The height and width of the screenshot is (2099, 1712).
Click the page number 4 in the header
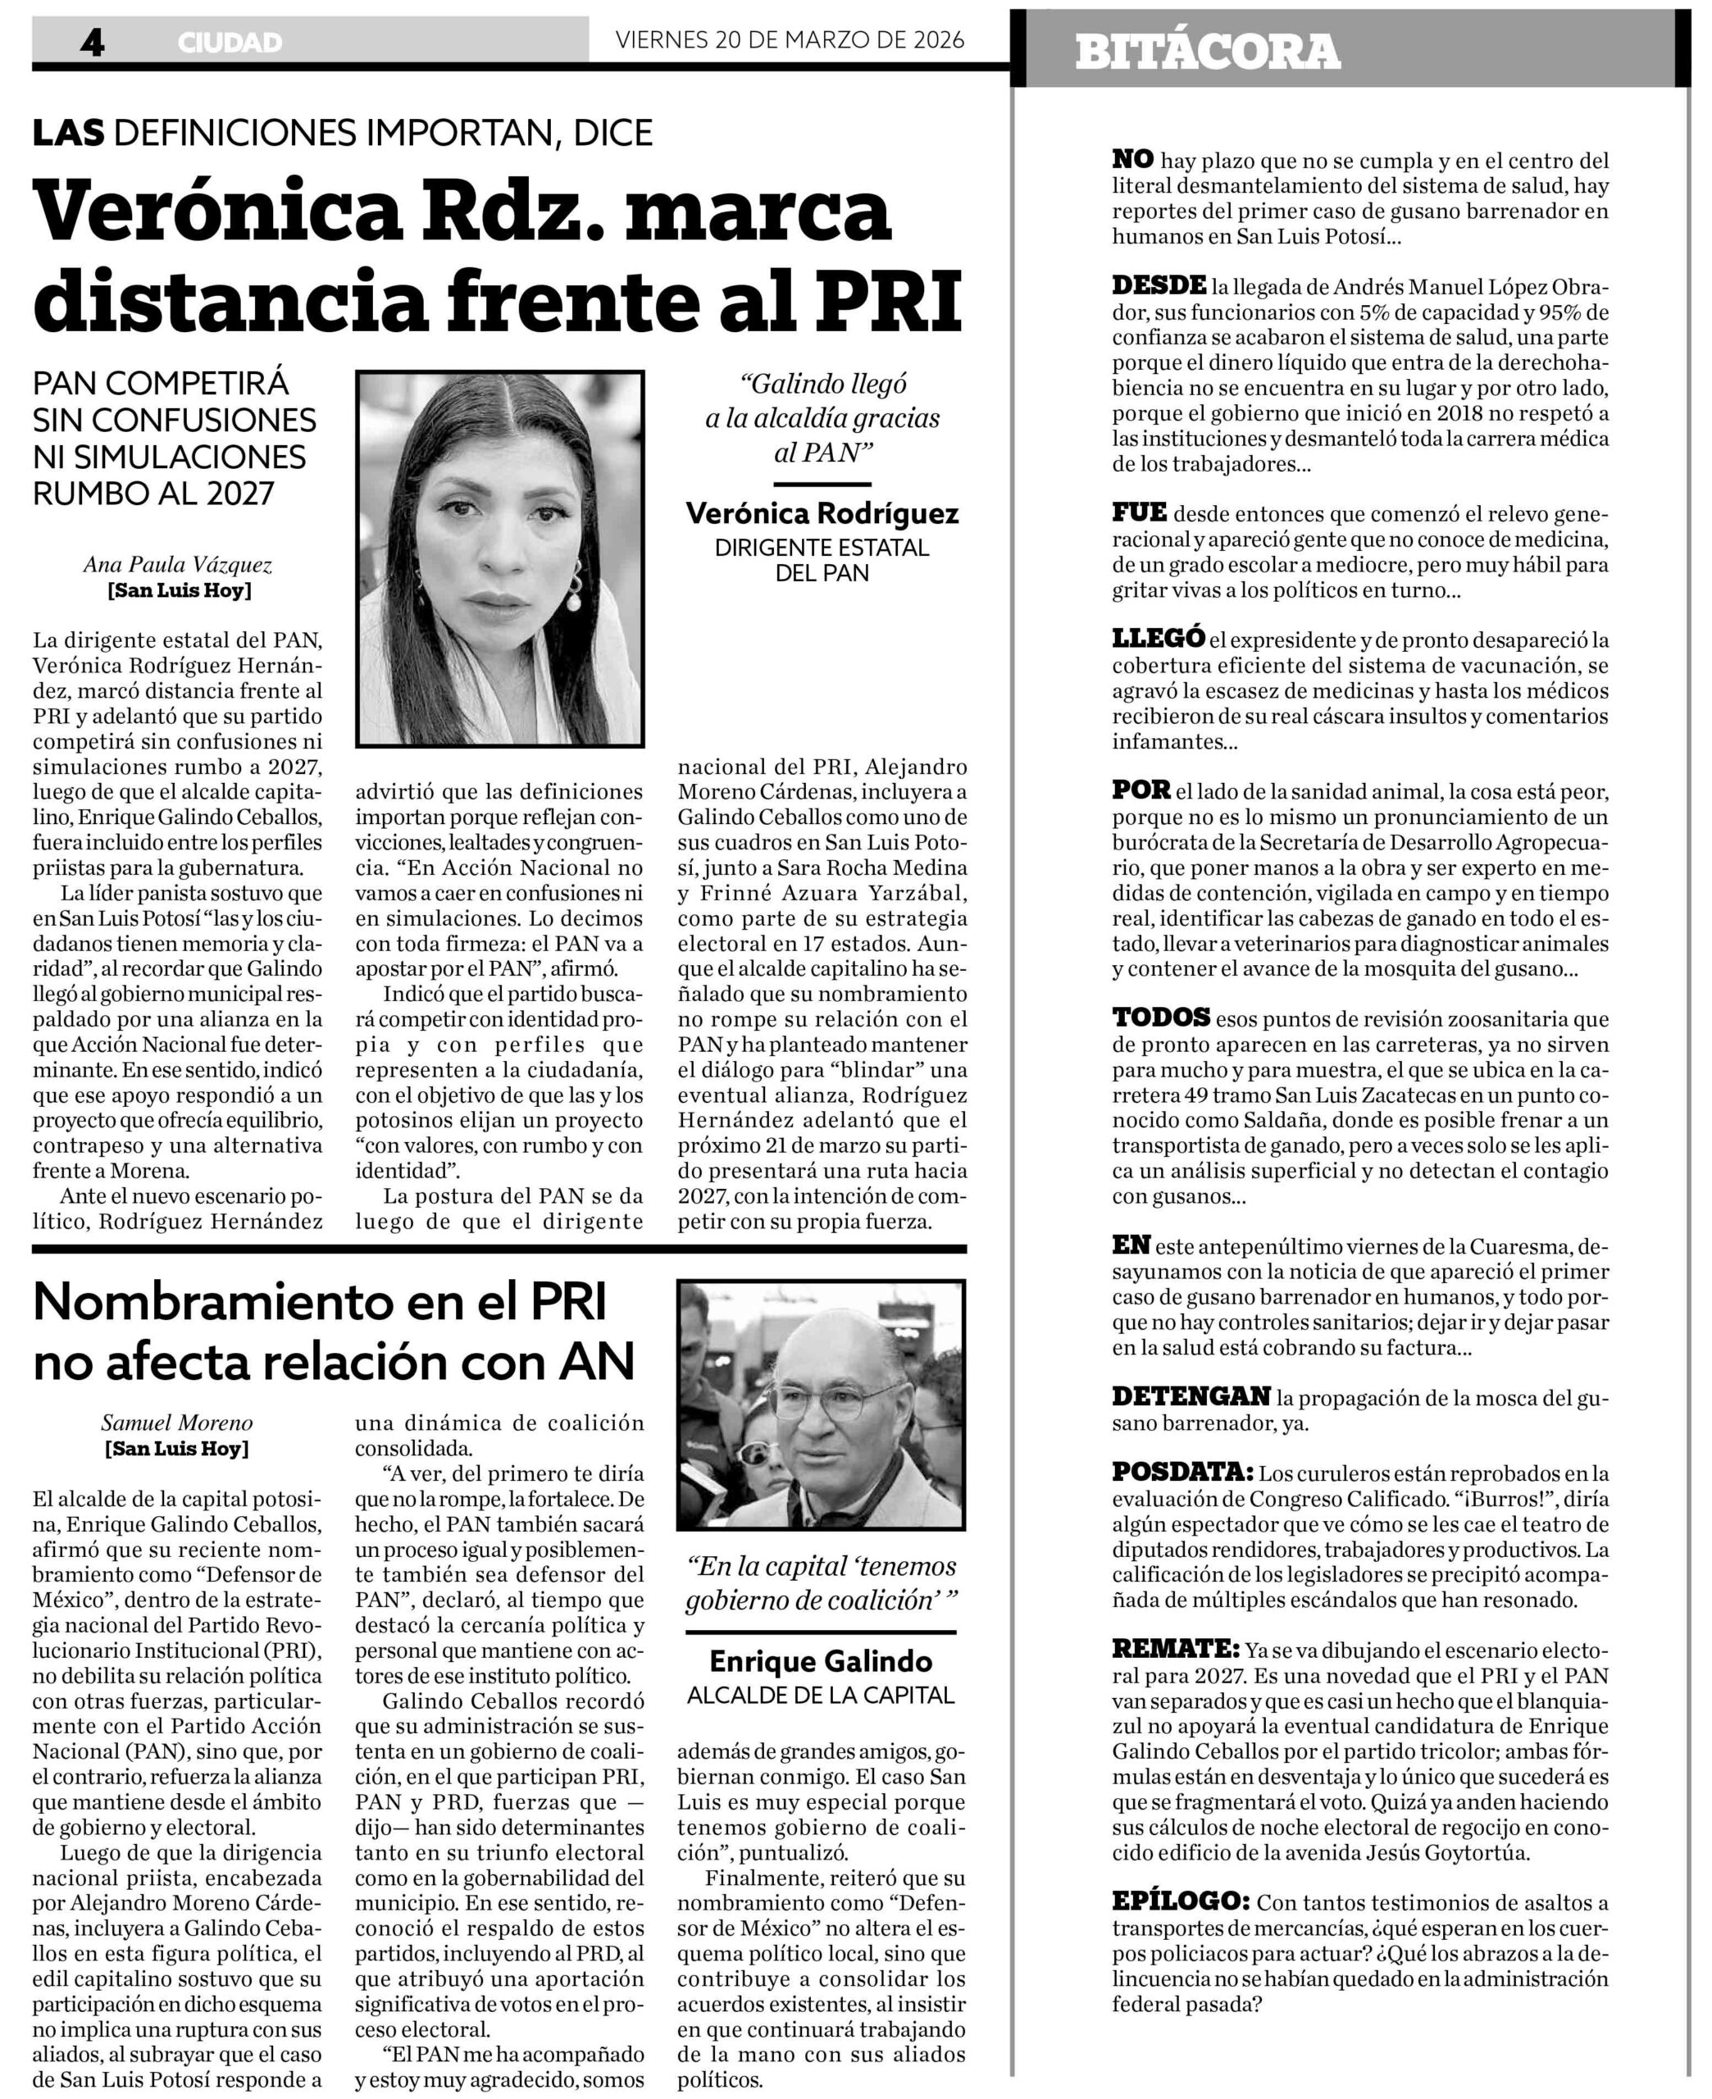pyautogui.click(x=92, y=43)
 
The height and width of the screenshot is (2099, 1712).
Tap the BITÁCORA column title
pyautogui.click(x=1207, y=52)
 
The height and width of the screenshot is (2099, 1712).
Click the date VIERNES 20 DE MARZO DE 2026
pyautogui.click(x=790, y=39)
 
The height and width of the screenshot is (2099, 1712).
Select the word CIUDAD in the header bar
pyautogui.click(x=230, y=43)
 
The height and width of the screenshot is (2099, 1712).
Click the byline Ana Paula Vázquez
pyautogui.click(x=177, y=565)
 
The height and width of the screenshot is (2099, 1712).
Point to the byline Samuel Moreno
pyautogui.click(x=177, y=1423)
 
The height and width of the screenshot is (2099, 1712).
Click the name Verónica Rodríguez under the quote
pyautogui.click(x=822, y=513)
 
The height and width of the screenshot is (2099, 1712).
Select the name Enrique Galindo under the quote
pyautogui.click(x=821, y=1661)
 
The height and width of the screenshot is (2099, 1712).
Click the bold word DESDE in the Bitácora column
pyautogui.click(x=1159, y=286)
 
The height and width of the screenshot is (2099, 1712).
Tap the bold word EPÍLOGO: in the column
pyautogui.click(x=1181, y=1901)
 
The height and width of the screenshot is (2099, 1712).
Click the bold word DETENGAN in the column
pyautogui.click(x=1191, y=1397)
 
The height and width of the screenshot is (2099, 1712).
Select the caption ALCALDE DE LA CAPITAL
pyautogui.click(x=821, y=1696)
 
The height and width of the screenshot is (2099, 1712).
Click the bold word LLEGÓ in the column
pyautogui.click(x=1159, y=638)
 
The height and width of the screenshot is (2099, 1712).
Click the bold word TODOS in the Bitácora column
pyautogui.click(x=1161, y=1018)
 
